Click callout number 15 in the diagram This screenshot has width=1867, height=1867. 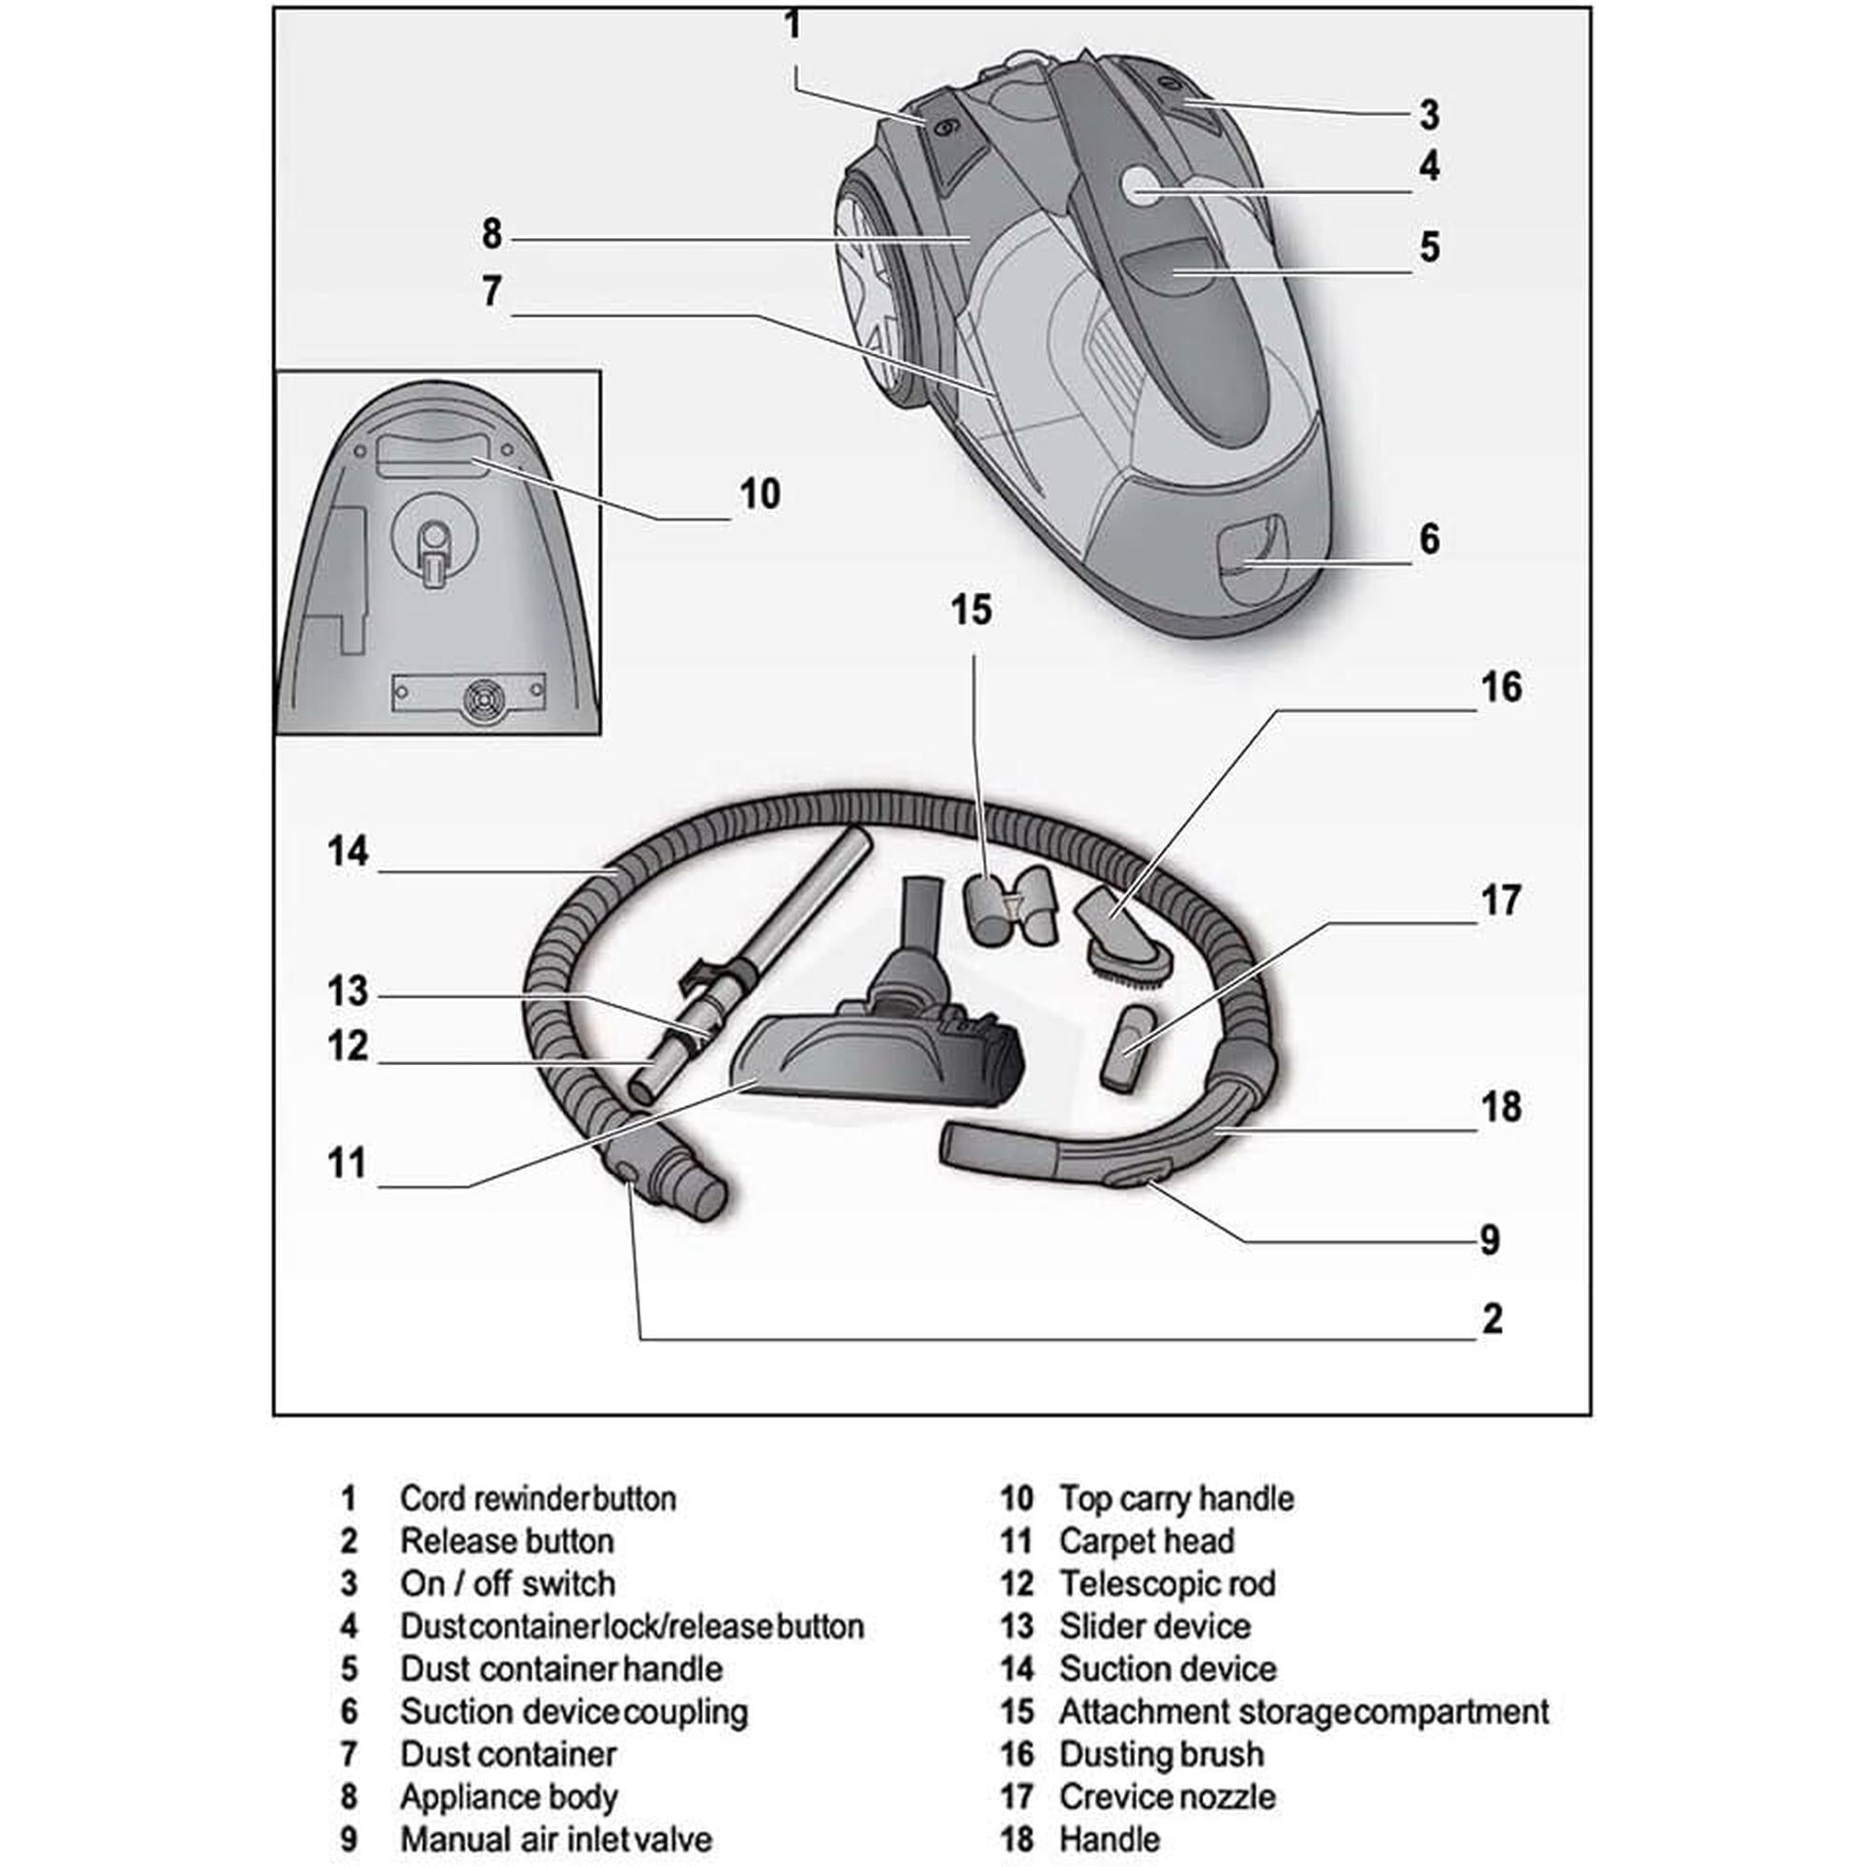(970, 610)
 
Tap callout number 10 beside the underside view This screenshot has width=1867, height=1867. (760, 494)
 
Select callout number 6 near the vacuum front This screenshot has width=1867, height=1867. (1429, 539)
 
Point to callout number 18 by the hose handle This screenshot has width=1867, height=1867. (1501, 1106)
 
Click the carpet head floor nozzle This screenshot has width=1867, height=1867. (879, 1060)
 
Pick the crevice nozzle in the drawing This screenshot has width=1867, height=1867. (1130, 1050)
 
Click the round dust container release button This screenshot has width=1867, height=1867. (1144, 184)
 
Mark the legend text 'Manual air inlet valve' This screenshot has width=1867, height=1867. (555, 1839)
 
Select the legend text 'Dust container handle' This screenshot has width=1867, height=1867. (560, 1669)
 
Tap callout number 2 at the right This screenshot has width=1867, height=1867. (1492, 1318)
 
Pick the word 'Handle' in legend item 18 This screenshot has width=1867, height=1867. (1109, 1839)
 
